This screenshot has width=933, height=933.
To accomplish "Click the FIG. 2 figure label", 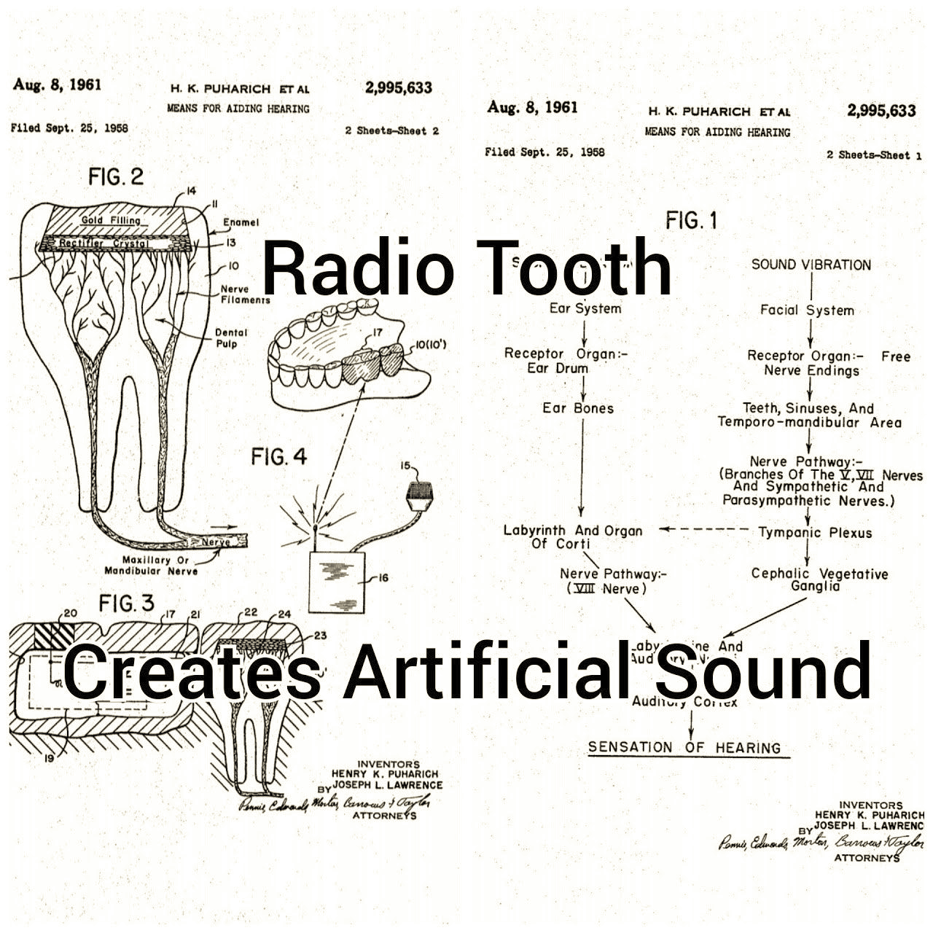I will click(x=116, y=176).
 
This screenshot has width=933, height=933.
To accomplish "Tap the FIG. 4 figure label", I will click(x=279, y=457).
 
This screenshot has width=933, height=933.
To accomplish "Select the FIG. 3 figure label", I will click(x=127, y=604).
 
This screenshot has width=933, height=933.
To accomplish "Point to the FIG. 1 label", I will click(x=691, y=220).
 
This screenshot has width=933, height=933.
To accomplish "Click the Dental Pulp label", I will click(x=231, y=338).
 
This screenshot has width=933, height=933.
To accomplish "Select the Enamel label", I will click(x=241, y=222).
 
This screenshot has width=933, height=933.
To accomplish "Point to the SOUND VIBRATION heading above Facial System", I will click(x=811, y=265).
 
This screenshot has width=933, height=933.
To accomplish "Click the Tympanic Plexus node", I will click(x=815, y=533).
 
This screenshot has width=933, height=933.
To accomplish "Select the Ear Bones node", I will click(x=578, y=408).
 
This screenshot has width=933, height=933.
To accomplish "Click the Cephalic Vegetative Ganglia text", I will click(x=819, y=580).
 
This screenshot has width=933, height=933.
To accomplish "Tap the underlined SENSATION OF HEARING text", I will click(x=684, y=747).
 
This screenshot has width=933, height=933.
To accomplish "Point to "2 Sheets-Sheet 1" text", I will click(x=874, y=155).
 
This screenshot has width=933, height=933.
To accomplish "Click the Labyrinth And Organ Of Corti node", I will click(x=573, y=537).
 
